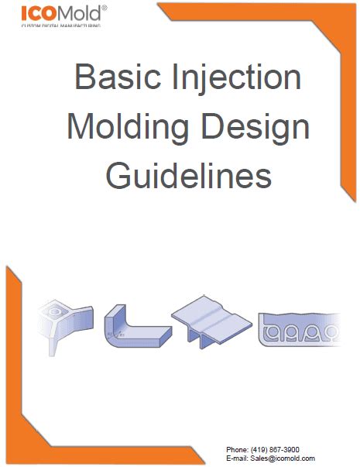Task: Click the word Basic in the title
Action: (118, 76)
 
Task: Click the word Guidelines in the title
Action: (188, 175)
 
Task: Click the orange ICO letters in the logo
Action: (39, 13)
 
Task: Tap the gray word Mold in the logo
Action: (79, 13)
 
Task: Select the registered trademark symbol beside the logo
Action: (105, 8)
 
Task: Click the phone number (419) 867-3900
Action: (275, 450)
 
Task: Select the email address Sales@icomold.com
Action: (283, 458)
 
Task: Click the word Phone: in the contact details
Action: (237, 450)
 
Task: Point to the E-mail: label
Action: (237, 458)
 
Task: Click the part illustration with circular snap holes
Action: (300, 330)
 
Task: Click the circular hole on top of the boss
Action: (55, 312)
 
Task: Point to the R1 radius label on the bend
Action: (122, 335)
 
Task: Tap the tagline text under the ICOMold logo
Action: (60, 26)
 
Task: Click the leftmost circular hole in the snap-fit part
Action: (271, 331)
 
